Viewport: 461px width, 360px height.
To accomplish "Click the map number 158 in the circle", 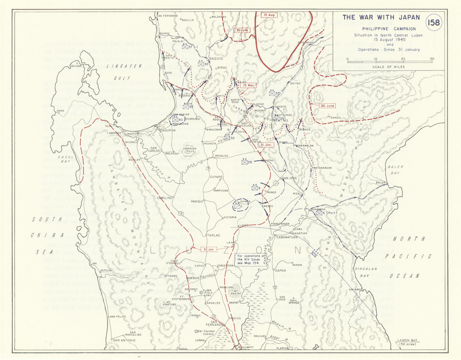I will pos(434,22).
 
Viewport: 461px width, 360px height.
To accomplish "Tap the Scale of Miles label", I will pos(389,67).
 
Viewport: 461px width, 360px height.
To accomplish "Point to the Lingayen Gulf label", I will pos(124,72).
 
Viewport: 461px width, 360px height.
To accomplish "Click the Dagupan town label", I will pos(167,130).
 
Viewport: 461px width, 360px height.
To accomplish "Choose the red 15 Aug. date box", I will pos(269,15).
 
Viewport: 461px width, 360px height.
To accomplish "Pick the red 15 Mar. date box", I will pos(248,86).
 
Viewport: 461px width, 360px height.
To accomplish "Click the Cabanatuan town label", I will pos(287,237).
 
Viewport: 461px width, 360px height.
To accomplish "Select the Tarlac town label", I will pos(214,235).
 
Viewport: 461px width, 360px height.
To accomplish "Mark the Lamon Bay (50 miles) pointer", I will pos(407,342).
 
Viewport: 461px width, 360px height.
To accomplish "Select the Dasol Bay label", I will pos(64,159).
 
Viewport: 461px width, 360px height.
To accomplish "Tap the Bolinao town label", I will pos(76,66).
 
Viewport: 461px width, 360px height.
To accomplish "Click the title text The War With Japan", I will pos(381,17).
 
